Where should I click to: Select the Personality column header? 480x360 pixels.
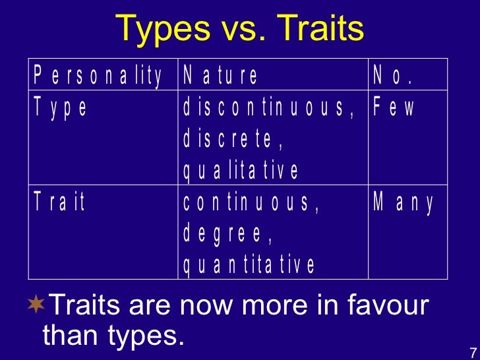coord(98,76)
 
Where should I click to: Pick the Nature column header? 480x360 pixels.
coord(221,76)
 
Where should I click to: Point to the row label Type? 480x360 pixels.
coord(61,107)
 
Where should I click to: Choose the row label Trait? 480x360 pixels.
coord(60,202)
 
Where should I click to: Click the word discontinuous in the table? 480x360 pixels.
coord(269,107)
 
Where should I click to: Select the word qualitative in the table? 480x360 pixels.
coord(241,171)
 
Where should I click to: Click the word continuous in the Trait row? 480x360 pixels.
coord(251,202)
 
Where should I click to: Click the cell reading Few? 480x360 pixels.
coord(394,107)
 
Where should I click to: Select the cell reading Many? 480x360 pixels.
coord(404,202)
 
